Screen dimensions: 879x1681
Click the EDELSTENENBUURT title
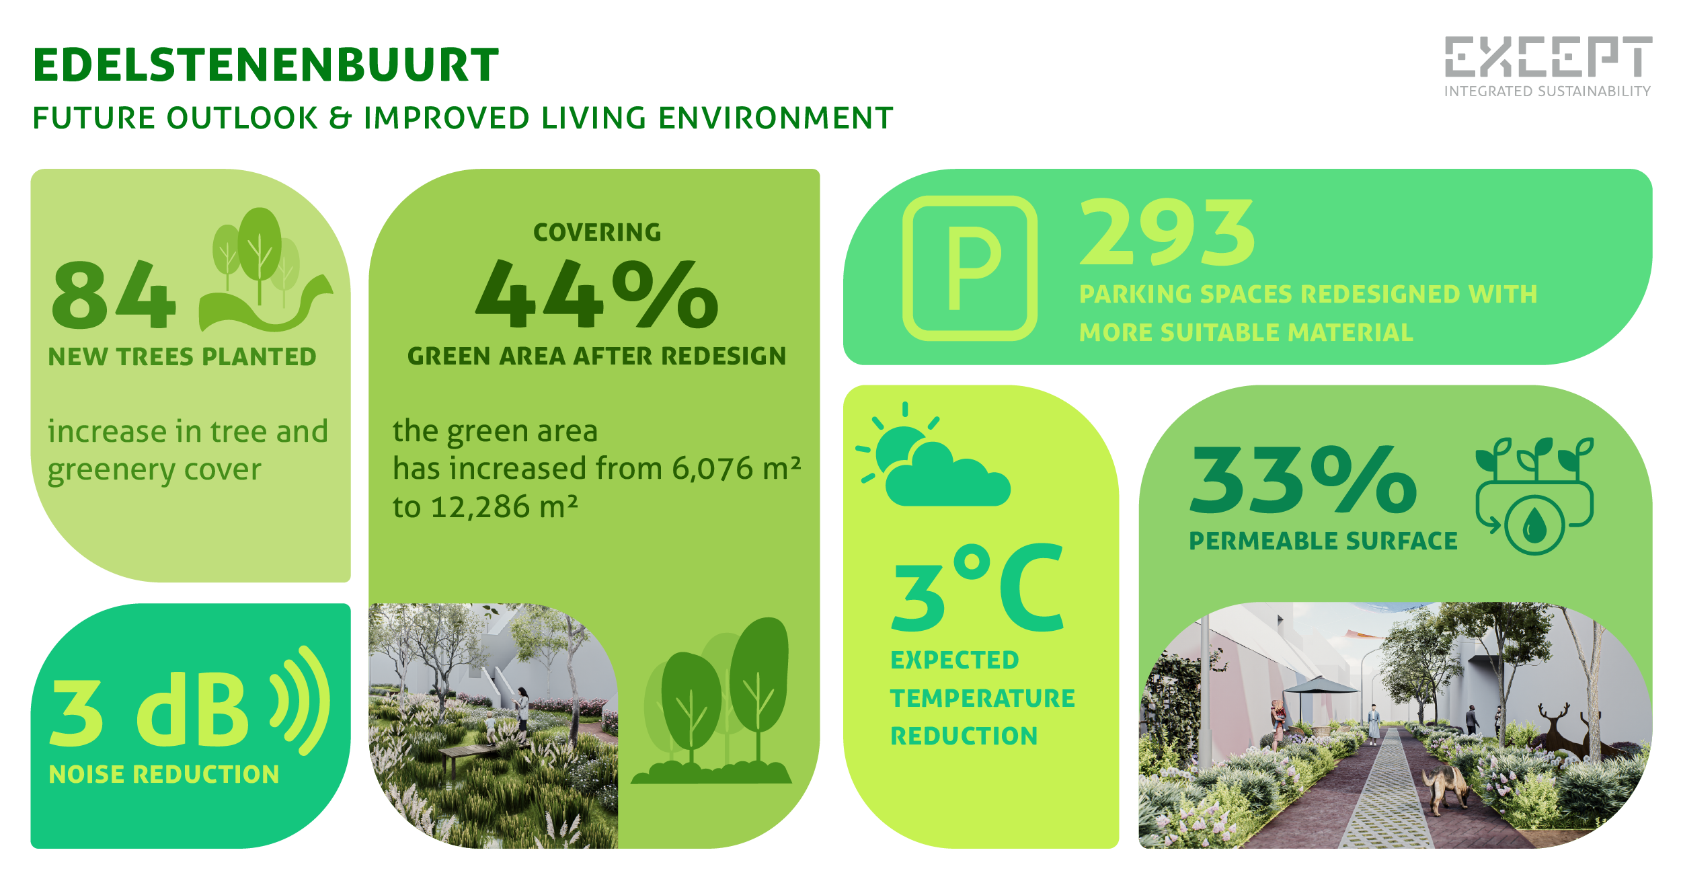pyautogui.click(x=266, y=65)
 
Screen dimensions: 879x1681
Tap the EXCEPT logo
pyautogui.click(x=1548, y=57)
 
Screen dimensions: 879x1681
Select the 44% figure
pyautogui.click(x=596, y=295)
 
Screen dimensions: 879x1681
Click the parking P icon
pyautogui.click(x=970, y=268)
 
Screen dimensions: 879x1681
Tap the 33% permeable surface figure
pyautogui.click(x=1303, y=480)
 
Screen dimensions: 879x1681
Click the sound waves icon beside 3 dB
pyautogui.click(x=302, y=700)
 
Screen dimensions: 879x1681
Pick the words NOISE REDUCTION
pyautogui.click(x=163, y=775)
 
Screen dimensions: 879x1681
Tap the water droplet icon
pyautogui.click(x=1534, y=525)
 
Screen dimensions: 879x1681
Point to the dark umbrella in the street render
pyautogui.click(x=1321, y=687)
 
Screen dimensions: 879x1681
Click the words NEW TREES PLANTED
pyautogui.click(x=182, y=356)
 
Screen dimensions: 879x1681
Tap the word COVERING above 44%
pyautogui.click(x=597, y=233)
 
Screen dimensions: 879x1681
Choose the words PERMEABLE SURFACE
pyautogui.click(x=1323, y=541)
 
